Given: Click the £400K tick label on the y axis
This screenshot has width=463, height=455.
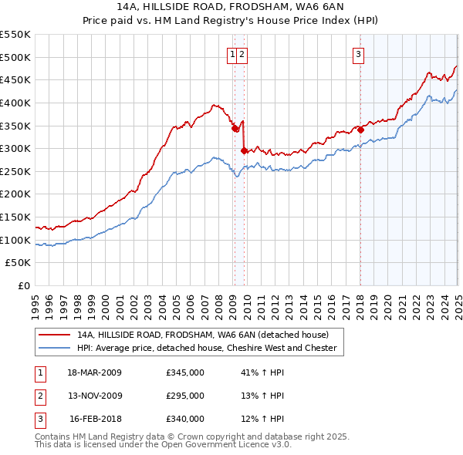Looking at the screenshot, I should coord(15,103).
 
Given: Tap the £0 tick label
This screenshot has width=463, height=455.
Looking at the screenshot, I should coord(23,286).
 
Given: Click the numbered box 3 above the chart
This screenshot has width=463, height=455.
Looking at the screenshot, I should coord(359,54).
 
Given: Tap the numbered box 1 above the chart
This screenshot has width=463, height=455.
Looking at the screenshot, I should coord(232,54).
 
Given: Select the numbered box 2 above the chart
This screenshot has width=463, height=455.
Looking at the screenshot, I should coord(242,54).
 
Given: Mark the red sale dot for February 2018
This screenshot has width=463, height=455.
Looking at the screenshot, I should coord(360,130).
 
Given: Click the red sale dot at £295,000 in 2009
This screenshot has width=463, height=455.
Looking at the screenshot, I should coord(244,150).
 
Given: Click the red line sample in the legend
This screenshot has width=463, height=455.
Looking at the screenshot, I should coord(53,335).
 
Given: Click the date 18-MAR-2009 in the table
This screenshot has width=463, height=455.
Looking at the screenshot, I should coord(94,372).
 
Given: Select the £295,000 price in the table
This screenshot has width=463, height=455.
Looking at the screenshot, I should coord(185,396).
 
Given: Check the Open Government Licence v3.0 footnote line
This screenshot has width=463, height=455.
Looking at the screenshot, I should coord(163,445).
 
